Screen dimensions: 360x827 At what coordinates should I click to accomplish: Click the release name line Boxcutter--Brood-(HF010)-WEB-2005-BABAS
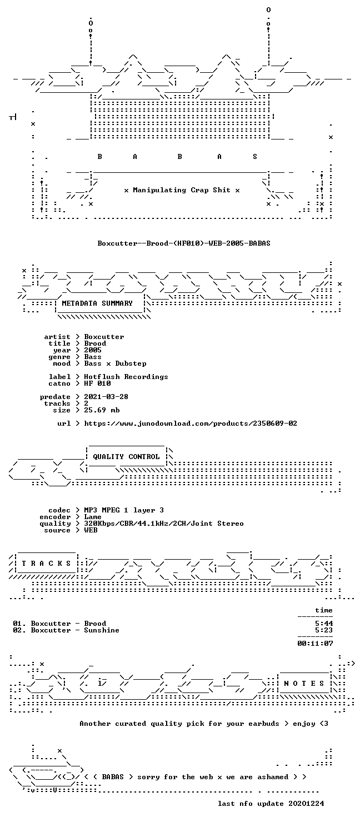(184, 243)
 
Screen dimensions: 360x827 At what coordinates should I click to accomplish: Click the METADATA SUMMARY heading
(97, 303)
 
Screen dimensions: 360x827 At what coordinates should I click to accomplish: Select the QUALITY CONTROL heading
(126, 457)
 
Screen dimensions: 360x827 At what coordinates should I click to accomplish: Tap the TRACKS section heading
(46, 564)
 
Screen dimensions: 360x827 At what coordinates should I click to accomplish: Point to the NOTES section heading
(304, 684)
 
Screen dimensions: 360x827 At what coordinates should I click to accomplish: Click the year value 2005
(93, 350)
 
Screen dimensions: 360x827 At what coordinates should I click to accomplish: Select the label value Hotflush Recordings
(126, 377)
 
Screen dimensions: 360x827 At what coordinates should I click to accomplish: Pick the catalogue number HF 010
(97, 383)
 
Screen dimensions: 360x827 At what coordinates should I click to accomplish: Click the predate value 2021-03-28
(106, 396)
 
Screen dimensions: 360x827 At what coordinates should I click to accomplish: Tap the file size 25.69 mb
(102, 410)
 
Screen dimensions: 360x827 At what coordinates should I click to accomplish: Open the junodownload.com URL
(191, 423)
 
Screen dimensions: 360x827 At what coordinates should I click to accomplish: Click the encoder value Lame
(93, 516)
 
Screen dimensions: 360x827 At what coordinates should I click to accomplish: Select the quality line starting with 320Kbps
(164, 523)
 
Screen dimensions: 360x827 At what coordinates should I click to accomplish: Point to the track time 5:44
(324, 623)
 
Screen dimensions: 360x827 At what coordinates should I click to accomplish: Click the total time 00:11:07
(316, 643)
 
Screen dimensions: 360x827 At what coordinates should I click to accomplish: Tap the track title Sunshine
(102, 630)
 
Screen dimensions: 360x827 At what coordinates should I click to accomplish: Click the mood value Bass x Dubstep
(115, 363)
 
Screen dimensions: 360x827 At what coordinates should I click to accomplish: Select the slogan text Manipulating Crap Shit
(182, 190)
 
